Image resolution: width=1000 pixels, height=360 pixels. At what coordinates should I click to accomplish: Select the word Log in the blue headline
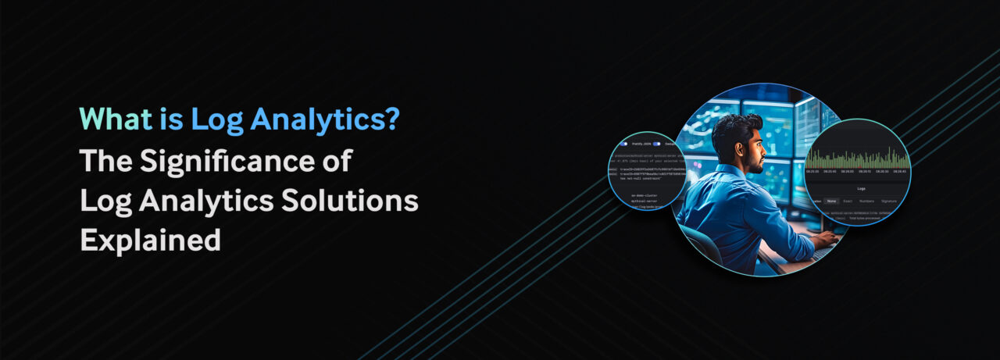click(x=216, y=119)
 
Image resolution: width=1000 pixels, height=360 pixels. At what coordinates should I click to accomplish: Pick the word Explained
click(x=150, y=241)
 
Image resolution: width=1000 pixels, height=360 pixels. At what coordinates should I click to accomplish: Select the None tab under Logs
click(x=832, y=201)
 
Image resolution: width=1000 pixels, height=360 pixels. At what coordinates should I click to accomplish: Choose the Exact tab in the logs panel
click(x=848, y=201)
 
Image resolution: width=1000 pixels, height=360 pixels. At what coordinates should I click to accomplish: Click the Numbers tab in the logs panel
click(x=866, y=201)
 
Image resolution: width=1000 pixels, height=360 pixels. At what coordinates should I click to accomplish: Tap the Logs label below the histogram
click(x=861, y=188)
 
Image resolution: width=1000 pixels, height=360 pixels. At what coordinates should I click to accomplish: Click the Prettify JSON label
click(x=641, y=144)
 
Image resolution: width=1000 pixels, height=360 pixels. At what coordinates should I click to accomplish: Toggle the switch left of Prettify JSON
click(x=623, y=144)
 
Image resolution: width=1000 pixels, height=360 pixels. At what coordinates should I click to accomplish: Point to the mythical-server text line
click(x=644, y=201)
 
